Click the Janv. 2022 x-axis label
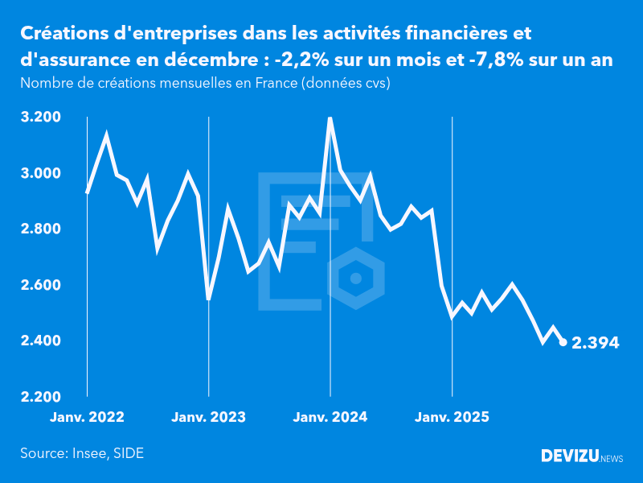87,417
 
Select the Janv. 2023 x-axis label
208,417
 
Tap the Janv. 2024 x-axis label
330,417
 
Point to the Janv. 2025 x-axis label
452,417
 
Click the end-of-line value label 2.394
595,343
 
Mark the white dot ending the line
563,342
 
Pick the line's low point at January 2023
208,299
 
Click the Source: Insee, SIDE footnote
82,453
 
